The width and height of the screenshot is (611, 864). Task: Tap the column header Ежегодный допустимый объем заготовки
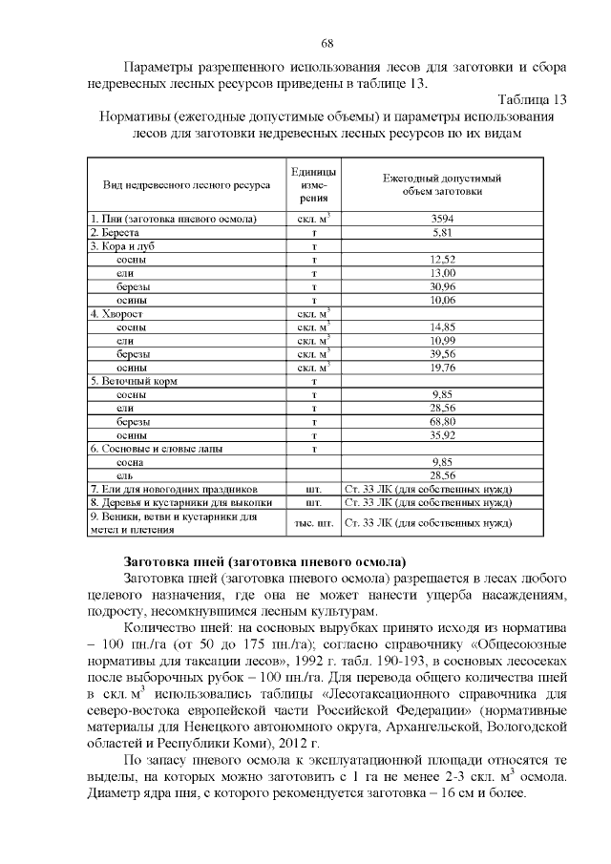coord(442,183)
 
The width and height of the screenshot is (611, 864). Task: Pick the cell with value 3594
coord(442,219)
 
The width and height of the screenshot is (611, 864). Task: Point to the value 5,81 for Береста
coord(442,232)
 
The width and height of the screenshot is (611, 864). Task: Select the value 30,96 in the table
coord(442,285)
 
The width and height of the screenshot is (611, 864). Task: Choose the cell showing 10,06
coord(442,299)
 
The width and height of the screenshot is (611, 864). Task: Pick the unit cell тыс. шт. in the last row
coord(313,522)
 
